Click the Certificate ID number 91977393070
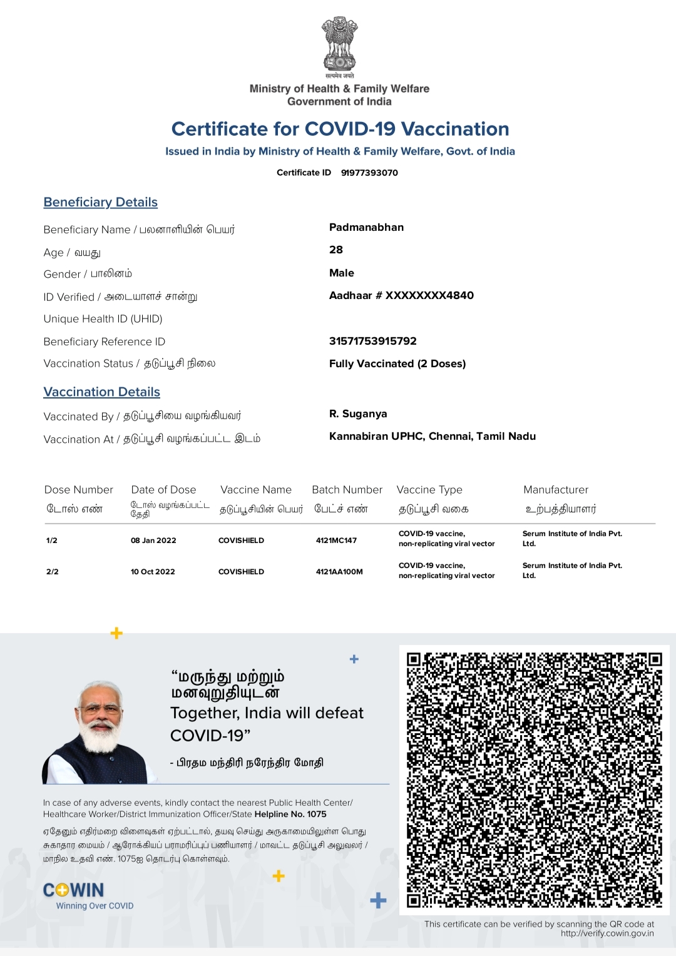point(369,173)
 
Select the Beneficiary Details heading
point(100,202)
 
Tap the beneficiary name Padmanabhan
point(366,227)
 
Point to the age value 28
point(336,250)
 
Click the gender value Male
point(342,273)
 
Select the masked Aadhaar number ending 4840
point(401,295)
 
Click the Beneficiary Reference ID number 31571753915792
point(373,341)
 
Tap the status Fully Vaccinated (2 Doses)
point(397,364)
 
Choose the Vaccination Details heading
point(101,392)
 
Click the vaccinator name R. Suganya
point(358,414)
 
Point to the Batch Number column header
point(347,490)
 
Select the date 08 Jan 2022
point(153,541)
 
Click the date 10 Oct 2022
point(153,572)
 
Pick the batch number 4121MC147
point(336,541)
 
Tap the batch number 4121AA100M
point(339,572)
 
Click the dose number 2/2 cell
point(53,572)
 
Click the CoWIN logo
point(74,890)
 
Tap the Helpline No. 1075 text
point(290,814)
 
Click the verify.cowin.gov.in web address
point(607,933)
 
